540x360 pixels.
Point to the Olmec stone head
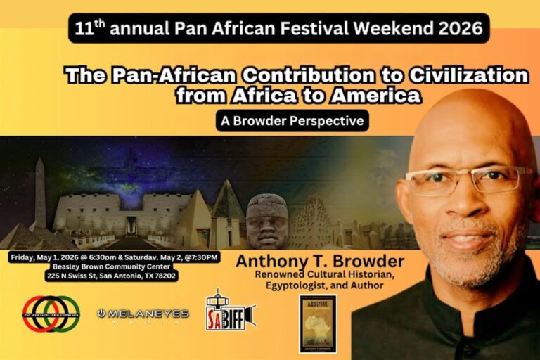click(x=267, y=221)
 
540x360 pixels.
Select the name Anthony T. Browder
click(x=320, y=262)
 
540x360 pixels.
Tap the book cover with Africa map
click(x=318, y=323)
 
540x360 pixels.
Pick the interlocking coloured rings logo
click(x=51, y=314)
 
